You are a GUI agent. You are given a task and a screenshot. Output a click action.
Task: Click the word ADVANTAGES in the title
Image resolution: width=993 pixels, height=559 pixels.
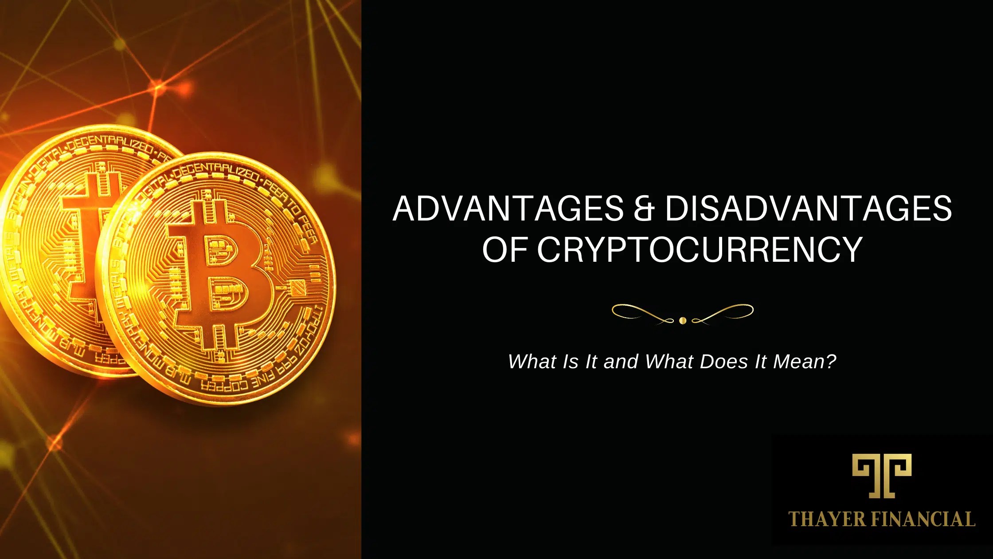click(x=508, y=209)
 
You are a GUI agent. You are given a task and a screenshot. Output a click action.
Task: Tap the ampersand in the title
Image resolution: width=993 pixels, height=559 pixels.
click(x=644, y=209)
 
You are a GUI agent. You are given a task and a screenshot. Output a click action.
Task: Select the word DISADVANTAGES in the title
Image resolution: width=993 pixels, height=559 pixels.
click(x=808, y=209)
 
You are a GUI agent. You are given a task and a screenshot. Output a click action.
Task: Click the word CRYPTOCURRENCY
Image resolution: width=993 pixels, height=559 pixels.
click(x=700, y=249)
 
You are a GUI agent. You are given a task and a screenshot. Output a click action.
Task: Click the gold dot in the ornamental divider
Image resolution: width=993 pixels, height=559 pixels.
click(x=683, y=320)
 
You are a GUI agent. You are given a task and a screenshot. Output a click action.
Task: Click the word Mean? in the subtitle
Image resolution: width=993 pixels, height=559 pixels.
click(x=805, y=362)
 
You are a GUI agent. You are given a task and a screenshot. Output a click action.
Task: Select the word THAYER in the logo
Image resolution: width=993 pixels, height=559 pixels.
click(x=827, y=519)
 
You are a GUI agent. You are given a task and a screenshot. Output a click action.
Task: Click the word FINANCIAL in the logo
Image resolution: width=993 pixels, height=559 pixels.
click(x=923, y=519)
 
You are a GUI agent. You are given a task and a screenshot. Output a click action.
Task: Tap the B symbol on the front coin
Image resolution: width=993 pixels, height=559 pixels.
click(x=222, y=275)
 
